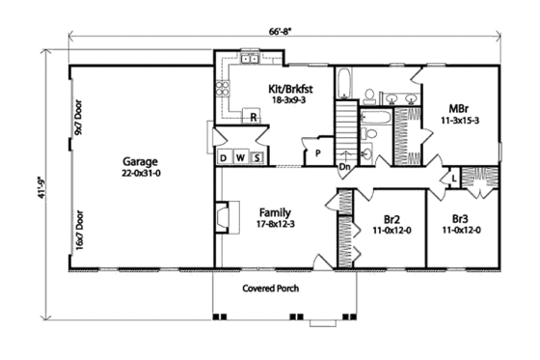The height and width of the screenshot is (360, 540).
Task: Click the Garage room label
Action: [140, 161]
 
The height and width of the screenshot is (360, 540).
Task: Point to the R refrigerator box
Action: [253, 117]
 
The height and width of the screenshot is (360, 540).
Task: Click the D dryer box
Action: [225, 157]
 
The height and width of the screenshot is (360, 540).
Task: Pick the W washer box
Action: [241, 157]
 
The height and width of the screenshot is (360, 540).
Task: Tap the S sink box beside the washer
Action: [256, 157]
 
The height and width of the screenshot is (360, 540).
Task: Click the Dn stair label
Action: [344, 167]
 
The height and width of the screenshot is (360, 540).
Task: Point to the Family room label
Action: [277, 212]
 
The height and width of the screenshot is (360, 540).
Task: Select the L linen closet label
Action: [452, 180]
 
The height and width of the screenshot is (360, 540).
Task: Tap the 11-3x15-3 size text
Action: [460, 123]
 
